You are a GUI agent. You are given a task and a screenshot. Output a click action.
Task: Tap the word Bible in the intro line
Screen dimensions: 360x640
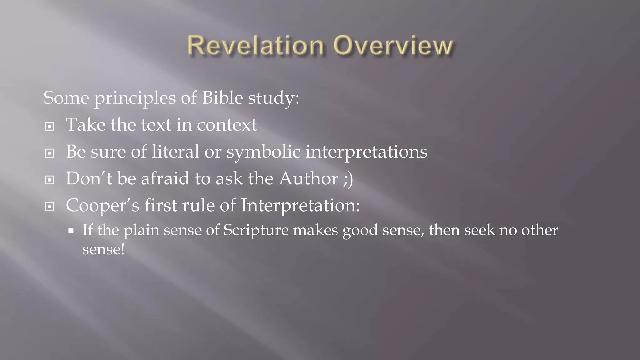(222, 98)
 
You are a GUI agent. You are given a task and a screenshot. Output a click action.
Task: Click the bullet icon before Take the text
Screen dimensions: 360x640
(49, 126)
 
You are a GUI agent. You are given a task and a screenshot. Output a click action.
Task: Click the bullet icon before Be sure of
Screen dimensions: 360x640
(49, 153)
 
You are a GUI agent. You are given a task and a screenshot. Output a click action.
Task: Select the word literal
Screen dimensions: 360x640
(175, 152)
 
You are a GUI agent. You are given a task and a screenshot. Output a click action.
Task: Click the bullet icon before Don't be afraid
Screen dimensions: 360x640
(49, 180)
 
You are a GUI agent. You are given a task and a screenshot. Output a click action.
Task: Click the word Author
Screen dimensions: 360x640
(308, 179)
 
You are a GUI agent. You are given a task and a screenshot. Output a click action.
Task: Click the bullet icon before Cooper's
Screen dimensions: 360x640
(49, 207)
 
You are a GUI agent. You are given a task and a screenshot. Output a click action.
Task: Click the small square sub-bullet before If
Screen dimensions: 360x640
(71, 231)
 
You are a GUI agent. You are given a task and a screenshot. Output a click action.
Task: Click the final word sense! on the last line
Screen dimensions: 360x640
(103, 249)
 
